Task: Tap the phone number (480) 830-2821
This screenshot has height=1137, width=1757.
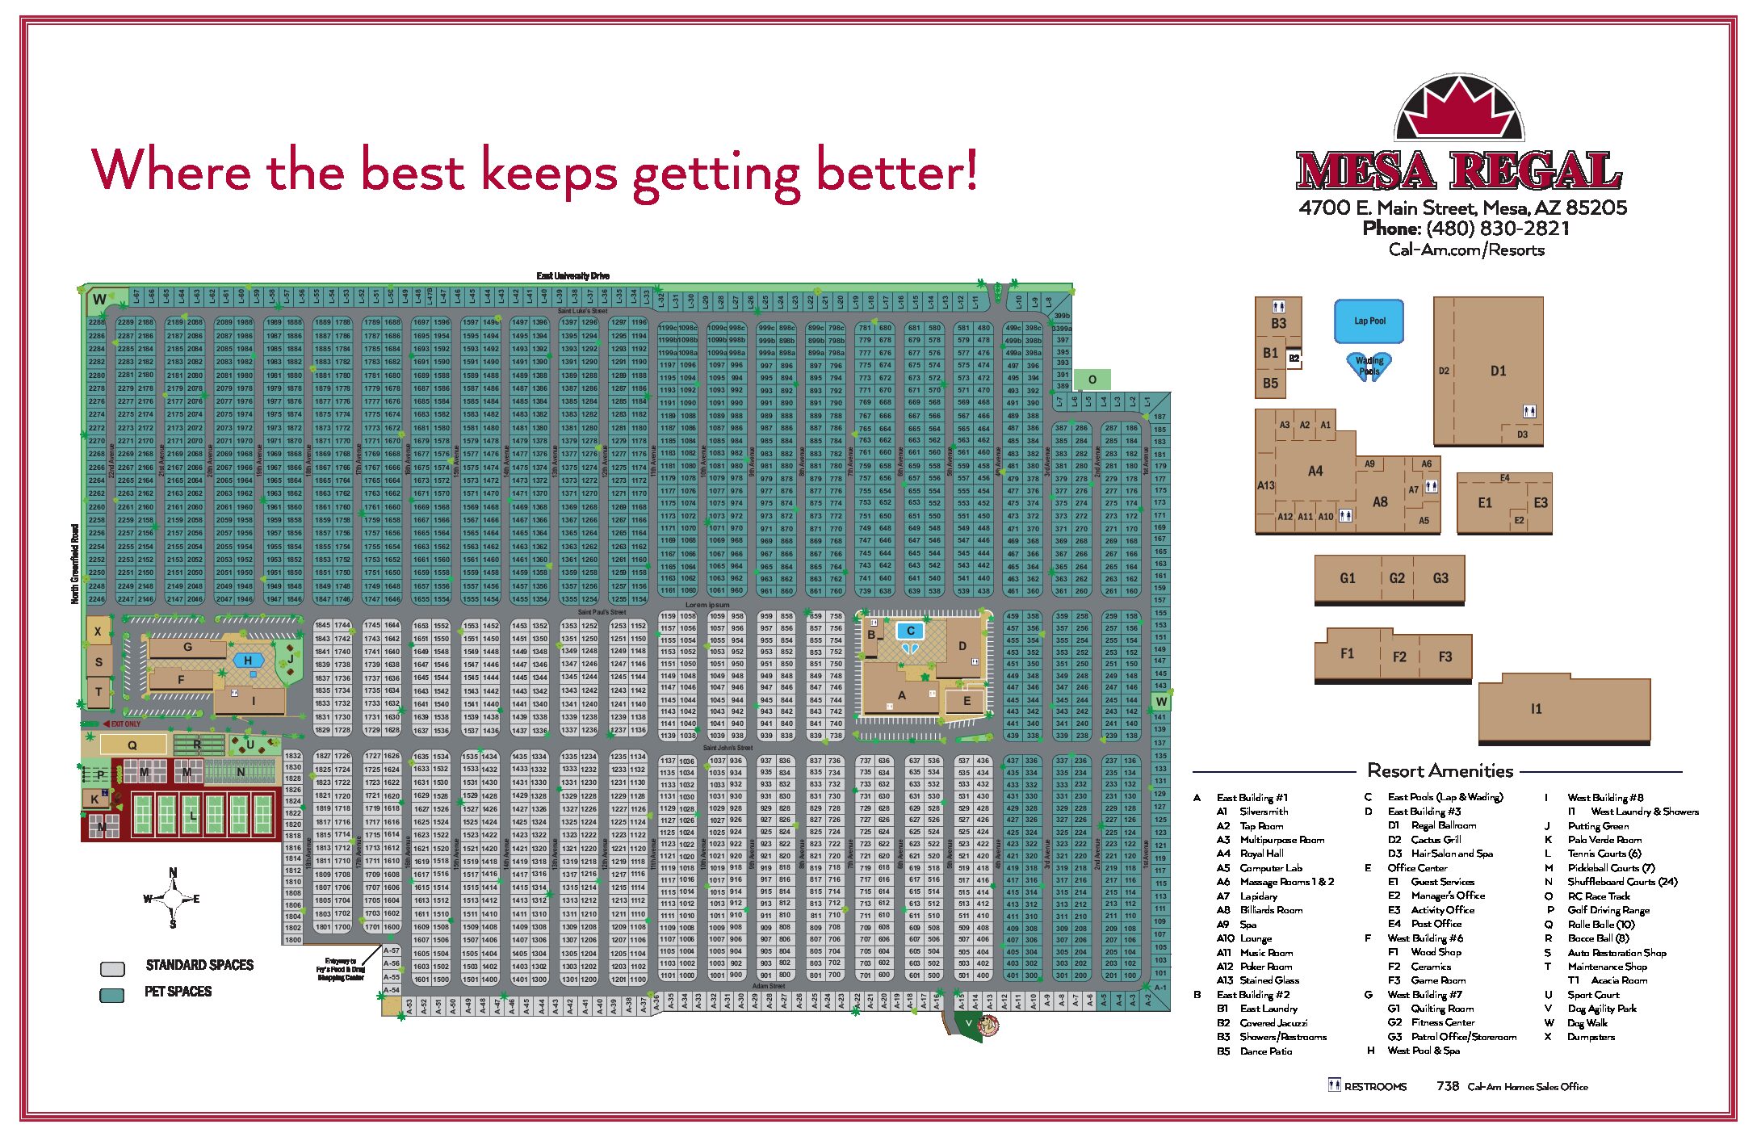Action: [1497, 229]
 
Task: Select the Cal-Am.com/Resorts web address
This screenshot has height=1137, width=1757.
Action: [1466, 250]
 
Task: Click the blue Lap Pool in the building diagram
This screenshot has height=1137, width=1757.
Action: [1369, 321]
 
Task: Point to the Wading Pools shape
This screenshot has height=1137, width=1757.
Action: [1369, 366]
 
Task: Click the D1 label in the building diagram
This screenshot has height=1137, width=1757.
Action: [1498, 371]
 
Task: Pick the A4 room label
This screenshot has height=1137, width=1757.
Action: [1315, 471]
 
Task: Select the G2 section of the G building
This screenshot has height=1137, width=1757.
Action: [1397, 578]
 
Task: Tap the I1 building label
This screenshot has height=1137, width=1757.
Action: [1536, 709]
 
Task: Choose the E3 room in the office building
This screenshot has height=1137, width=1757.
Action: [1541, 503]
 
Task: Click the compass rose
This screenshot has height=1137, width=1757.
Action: [173, 898]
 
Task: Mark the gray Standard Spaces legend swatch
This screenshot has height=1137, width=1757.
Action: [112, 968]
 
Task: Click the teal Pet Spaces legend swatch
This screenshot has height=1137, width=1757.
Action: [112, 994]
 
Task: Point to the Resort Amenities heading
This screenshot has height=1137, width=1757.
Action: [1440, 770]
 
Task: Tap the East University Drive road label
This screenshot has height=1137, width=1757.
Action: [572, 276]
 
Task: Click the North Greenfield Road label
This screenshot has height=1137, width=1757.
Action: [75, 564]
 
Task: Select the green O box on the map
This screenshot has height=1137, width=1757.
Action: [1092, 380]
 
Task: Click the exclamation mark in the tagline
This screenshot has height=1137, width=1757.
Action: [970, 170]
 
